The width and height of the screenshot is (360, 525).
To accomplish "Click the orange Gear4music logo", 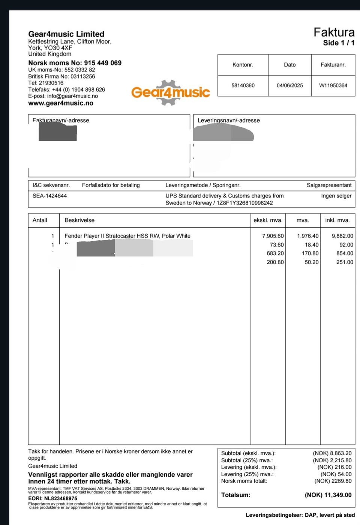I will pos(171,92).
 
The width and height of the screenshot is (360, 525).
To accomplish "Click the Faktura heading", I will pos(334,32).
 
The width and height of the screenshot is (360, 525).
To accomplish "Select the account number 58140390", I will pos(243,86).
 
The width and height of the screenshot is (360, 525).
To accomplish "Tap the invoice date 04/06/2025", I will pos(290,86).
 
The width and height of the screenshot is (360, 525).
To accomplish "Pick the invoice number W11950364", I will pos(333,86).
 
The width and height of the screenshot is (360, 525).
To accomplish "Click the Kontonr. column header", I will pos(243,65).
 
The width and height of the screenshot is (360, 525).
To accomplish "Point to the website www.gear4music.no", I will pos(61,103).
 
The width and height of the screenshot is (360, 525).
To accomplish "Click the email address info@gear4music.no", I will pos(72,96).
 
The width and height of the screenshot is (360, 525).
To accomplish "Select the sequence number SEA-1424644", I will pos(49,196).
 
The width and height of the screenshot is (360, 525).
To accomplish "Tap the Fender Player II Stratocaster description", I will pos(127,236).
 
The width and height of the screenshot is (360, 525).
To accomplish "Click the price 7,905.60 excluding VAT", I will pos(273,236).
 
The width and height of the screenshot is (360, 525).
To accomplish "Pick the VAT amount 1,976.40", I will pos(308,236).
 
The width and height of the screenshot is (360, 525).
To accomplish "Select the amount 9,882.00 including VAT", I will pos(342,236).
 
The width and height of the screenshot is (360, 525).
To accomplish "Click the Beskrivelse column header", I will pos(79,220).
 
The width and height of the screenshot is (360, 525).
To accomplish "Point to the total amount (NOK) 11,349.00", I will pos(328,495).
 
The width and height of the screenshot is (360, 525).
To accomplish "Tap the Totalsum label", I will pos(235,495).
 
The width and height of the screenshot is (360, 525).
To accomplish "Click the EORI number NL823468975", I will pos(61,499).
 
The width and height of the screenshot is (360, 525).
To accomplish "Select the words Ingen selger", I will pos(336,196).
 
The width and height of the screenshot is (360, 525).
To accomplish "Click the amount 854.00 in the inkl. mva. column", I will pos(345,253).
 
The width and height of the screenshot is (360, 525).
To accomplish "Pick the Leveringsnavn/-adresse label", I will pos(229,120).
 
